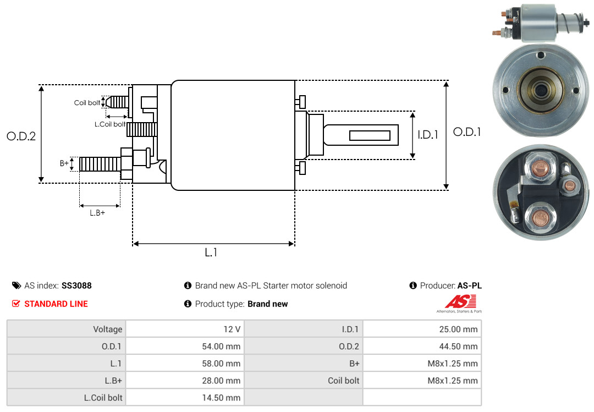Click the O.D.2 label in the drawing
[x=21, y=136]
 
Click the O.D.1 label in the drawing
[x=467, y=132]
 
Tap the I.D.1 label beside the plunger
[x=427, y=134]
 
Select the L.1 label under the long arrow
[x=211, y=252]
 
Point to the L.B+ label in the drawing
[x=97, y=213]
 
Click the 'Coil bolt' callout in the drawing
[x=87, y=103]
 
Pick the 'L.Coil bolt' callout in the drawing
[x=110, y=124]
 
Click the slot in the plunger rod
[x=370, y=135]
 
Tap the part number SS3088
[x=76, y=285]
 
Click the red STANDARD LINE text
[x=56, y=304]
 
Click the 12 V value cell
[x=185, y=329]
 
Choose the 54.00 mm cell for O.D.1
[x=185, y=346]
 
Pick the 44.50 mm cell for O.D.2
[x=422, y=346]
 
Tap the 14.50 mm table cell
[x=185, y=397]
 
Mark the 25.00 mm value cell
[x=422, y=329]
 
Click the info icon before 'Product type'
[x=188, y=304]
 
